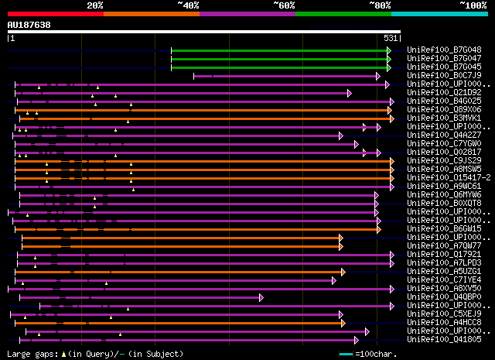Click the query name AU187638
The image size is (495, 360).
click(29, 25)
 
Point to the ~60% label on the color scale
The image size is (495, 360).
click(284, 5)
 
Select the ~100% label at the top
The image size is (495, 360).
click(473, 5)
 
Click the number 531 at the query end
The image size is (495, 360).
click(391, 38)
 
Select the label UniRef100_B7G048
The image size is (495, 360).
click(444, 50)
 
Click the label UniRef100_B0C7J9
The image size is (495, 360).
click(444, 75)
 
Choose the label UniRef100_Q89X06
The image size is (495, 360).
click(444, 109)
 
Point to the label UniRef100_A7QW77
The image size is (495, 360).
click(444, 245)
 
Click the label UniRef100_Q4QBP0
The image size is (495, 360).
click(444, 297)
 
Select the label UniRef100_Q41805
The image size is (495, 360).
click(444, 339)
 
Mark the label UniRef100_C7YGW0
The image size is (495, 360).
click(444, 143)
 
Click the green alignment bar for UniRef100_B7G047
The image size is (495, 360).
click(278, 58)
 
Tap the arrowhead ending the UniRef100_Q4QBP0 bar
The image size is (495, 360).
click(261, 297)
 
